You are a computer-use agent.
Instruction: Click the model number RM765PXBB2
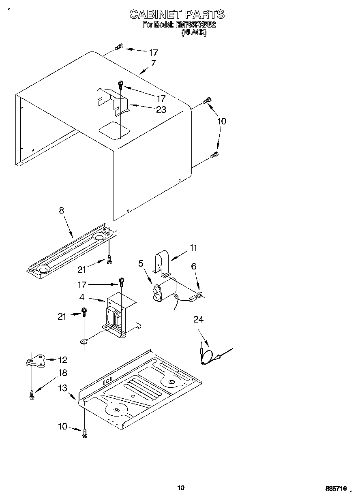[x=195, y=25]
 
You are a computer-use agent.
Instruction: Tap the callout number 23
[x=161, y=109]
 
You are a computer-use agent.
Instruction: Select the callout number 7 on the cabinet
[x=153, y=63]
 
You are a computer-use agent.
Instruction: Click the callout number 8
[x=62, y=210]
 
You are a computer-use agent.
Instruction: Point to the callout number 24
[x=198, y=320]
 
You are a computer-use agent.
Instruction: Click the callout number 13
[x=62, y=388]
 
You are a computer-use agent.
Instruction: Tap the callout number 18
[x=62, y=373]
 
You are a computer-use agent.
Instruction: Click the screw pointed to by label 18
[x=32, y=394]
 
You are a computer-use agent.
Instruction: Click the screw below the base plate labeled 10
[x=85, y=433]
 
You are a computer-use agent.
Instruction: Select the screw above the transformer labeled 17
[x=121, y=281]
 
